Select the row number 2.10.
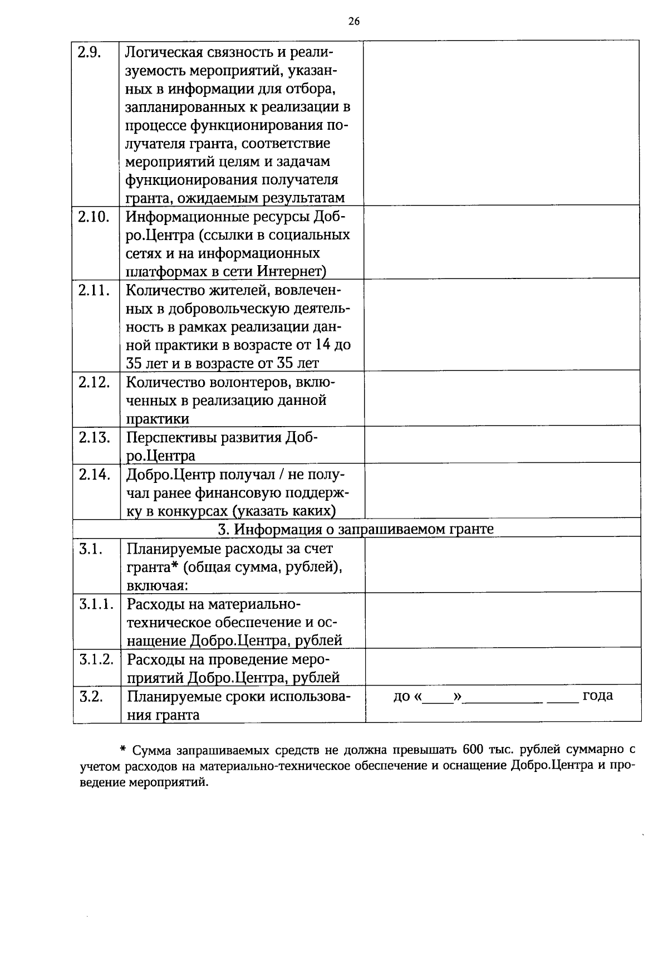92,217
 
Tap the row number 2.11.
92,290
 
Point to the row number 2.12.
94,383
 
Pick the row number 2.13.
94,437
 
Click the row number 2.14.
94,475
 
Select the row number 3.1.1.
96,604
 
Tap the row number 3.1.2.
96,659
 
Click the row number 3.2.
90,696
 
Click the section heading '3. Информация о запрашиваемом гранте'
356,529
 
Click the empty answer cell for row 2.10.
501,242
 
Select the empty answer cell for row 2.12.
501,398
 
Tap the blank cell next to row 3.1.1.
501,619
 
